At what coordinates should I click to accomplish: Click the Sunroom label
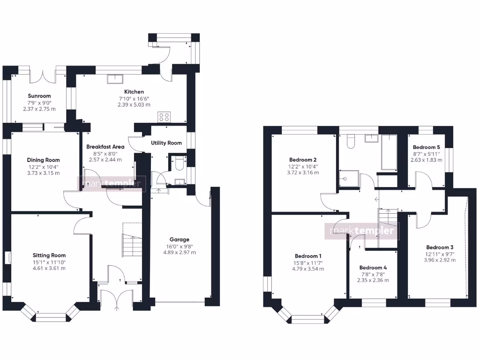pyautogui.click(x=39, y=96)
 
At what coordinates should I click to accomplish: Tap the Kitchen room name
pyautogui.click(x=134, y=92)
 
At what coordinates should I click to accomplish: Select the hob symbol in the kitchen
pyautogui.click(x=164, y=117)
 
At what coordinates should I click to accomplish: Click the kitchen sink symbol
pyautogui.click(x=115, y=79)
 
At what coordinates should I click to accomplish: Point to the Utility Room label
pyautogui.click(x=166, y=143)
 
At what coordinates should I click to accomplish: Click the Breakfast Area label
pyautogui.click(x=105, y=147)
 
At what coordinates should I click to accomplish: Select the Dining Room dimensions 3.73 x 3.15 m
pyautogui.click(x=43, y=173)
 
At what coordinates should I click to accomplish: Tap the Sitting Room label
pyautogui.click(x=49, y=255)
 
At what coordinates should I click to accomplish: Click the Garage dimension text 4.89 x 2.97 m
pyautogui.click(x=180, y=252)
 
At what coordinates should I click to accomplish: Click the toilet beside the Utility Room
pyautogui.click(x=177, y=163)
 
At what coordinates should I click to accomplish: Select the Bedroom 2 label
pyautogui.click(x=303, y=159)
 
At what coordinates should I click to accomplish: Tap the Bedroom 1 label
pyautogui.click(x=308, y=256)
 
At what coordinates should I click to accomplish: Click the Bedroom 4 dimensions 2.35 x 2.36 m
pyautogui.click(x=374, y=280)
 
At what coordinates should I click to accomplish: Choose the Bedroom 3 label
pyautogui.click(x=440, y=247)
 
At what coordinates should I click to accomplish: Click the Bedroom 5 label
pyautogui.click(x=427, y=147)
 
